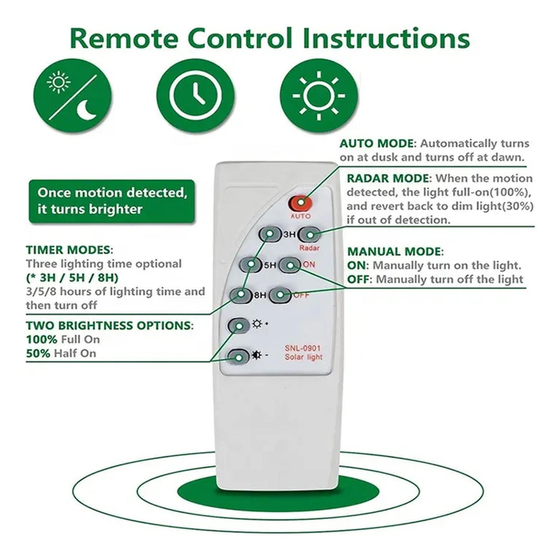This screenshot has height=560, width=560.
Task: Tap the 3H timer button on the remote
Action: [x=270, y=234]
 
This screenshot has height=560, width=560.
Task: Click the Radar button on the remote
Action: [x=309, y=234]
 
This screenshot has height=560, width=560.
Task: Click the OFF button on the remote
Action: [x=280, y=295]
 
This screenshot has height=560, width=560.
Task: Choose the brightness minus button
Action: [x=239, y=357]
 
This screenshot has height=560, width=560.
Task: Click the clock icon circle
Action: [x=195, y=95]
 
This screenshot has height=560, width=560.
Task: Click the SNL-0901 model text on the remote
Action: [x=302, y=348]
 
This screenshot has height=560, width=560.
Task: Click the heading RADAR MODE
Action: [x=389, y=178]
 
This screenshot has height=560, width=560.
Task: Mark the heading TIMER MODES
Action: [x=68, y=250]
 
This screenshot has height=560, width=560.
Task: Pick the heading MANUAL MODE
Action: [x=395, y=252]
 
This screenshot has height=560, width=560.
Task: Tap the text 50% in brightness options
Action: [x=38, y=353]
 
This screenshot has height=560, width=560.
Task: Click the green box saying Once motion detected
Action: [x=112, y=201]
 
